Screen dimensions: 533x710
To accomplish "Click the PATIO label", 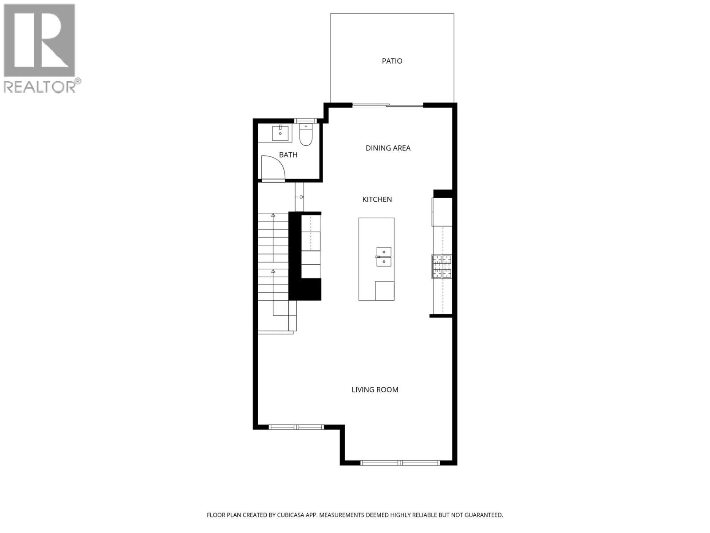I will (392, 61).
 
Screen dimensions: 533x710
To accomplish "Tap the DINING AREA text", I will (388, 148).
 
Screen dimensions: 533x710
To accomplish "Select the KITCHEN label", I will (377, 199).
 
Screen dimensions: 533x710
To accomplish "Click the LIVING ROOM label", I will (375, 390).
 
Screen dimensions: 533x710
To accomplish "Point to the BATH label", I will (288, 155).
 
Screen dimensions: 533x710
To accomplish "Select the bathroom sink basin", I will (280, 132).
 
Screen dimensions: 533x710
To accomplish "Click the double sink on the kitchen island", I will (384, 257).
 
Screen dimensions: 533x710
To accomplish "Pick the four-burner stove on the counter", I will (442, 266).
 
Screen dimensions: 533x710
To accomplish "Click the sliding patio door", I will (388, 105).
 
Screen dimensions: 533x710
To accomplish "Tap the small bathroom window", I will (306, 121).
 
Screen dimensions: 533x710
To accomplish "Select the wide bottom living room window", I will (400, 463).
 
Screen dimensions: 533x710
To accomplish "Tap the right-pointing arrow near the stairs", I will (300, 197).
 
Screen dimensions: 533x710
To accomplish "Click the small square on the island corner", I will (384, 290).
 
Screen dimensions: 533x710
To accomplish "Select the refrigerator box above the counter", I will (442, 212).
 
